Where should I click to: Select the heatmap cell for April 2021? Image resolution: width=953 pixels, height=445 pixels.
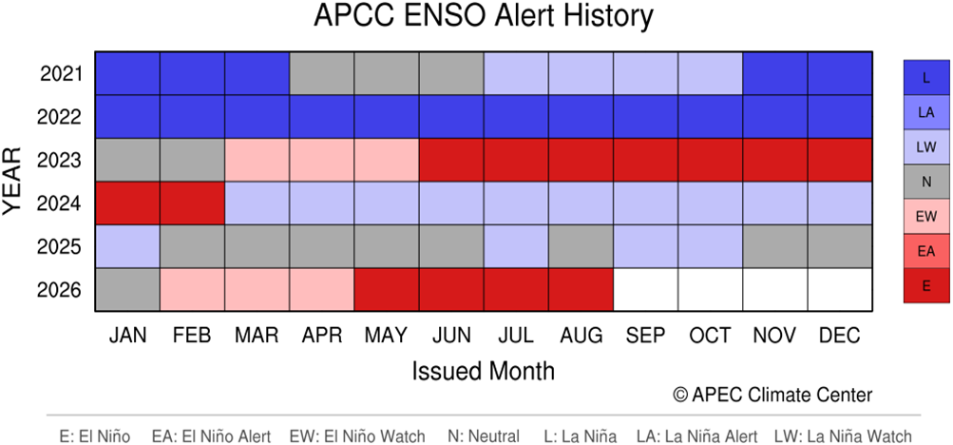[322, 73]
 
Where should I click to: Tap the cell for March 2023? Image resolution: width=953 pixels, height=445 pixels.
[257, 160]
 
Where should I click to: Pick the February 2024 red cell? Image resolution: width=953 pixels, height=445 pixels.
[192, 203]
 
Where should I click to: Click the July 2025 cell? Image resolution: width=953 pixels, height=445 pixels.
[517, 246]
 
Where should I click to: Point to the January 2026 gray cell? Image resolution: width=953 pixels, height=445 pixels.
[127, 289]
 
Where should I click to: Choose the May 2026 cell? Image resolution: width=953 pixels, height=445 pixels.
[387, 289]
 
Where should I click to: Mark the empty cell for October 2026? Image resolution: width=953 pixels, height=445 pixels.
[711, 289]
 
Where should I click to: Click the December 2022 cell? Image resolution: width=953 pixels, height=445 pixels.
[841, 117]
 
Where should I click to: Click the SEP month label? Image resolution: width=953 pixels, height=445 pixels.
[646, 335]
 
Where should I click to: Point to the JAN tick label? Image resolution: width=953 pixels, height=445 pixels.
[127, 335]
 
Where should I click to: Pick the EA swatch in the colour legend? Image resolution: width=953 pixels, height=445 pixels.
[926, 250]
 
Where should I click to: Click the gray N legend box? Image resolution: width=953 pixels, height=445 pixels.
[926, 182]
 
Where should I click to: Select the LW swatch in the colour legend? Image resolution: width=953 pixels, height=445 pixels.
[926, 146]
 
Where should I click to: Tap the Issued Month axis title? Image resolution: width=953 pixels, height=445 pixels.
[484, 370]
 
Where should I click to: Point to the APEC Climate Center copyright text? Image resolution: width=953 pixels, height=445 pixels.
[773, 395]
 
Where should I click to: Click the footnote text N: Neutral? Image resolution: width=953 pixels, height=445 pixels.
[483, 435]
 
